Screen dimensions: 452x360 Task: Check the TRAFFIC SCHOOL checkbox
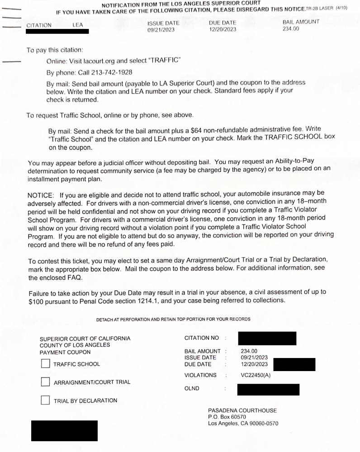click(45, 364)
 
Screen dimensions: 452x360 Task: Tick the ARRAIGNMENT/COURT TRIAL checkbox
click(45, 382)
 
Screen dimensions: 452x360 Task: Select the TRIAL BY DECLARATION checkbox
click(45, 400)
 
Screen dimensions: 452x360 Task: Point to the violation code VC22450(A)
click(256, 375)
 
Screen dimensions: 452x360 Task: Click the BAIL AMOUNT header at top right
click(301, 22)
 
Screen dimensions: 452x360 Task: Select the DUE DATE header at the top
click(223, 23)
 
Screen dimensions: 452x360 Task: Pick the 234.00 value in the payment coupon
click(249, 351)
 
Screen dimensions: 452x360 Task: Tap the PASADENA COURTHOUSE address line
click(242, 410)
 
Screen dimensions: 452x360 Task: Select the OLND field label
click(192, 388)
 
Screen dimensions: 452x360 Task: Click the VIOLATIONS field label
click(200, 375)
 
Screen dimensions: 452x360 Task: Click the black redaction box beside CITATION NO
click(267, 338)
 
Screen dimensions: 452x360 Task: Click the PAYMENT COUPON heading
click(65, 352)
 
